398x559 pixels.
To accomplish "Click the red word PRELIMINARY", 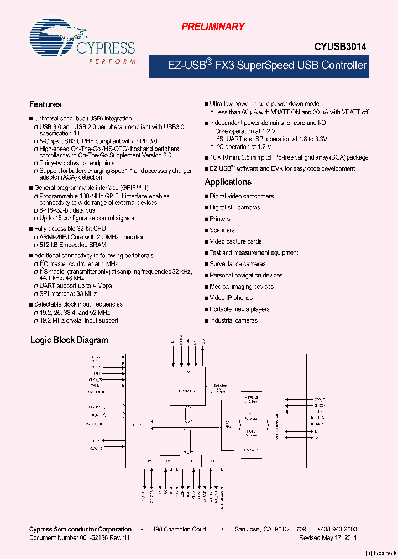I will [x=213, y=26].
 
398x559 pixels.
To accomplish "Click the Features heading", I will [x=45, y=104].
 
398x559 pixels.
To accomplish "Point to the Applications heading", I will [x=228, y=182].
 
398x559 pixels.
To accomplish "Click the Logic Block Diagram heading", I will [x=69, y=340].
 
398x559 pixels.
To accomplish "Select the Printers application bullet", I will [x=220, y=219].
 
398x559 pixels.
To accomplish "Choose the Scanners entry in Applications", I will [x=222, y=230].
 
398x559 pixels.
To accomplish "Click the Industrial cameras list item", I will [x=233, y=320].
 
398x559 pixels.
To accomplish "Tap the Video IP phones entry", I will [x=231, y=298].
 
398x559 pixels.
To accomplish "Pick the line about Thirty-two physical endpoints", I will [x=77, y=163].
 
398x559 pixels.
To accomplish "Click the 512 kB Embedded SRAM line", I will [x=69, y=245].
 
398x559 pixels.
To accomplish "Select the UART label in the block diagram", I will [x=170, y=460].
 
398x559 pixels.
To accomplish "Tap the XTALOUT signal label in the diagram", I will [x=95, y=392].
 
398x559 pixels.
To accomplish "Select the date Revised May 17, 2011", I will [x=328, y=537].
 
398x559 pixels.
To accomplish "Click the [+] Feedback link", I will [x=381, y=553].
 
